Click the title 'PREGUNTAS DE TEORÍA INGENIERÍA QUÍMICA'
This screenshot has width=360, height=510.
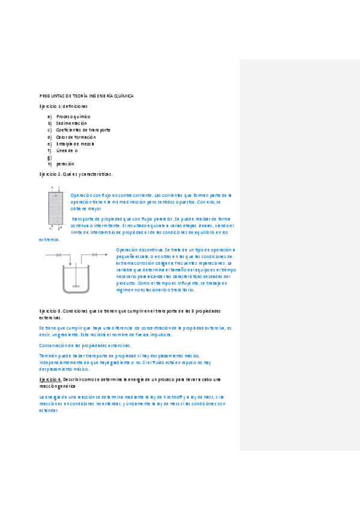pyautogui.click(x=86, y=96)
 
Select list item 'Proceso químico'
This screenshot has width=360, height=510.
pyautogui.click(x=73, y=116)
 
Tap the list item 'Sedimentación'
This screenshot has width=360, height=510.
pyautogui.click(x=72, y=123)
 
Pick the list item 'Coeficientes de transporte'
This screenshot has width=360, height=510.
pyautogui.click(x=83, y=130)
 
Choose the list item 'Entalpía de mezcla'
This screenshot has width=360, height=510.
pyautogui.click(x=75, y=144)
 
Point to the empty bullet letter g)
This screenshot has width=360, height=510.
pyautogui.click(x=50, y=158)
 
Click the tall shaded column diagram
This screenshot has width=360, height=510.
pyautogui.click(x=55, y=208)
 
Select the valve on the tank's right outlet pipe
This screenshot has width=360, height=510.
pyautogui.click(x=94, y=255)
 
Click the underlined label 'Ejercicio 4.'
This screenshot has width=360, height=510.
pyautogui.click(x=50, y=379)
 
